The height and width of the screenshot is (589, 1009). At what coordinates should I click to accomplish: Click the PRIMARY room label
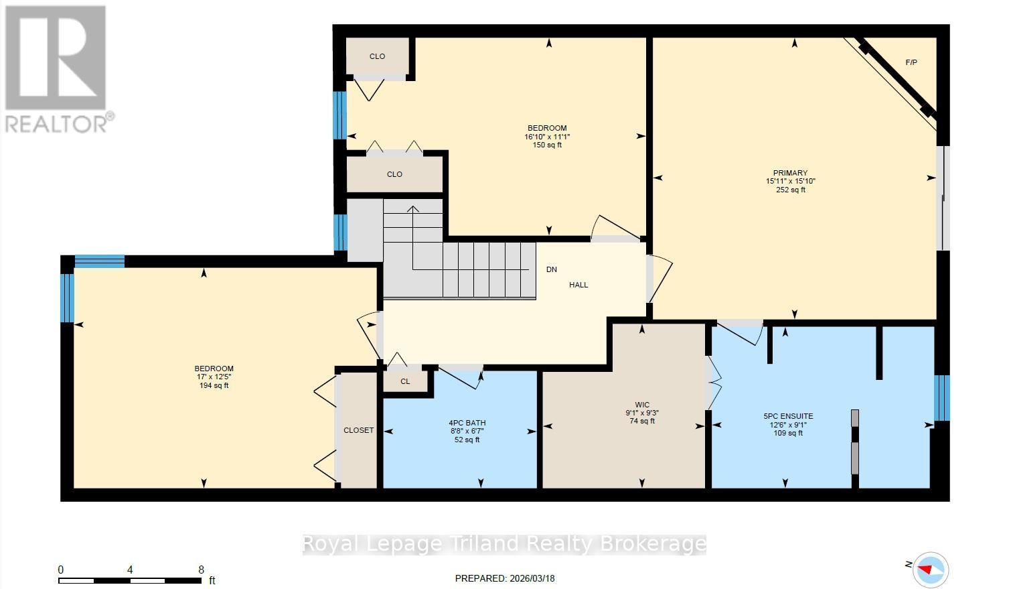[x=791, y=173]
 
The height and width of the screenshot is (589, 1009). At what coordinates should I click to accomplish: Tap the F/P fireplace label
[x=911, y=62]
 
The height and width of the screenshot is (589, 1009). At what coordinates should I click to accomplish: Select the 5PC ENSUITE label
[x=788, y=416]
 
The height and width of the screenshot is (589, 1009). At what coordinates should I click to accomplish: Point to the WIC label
[x=642, y=405]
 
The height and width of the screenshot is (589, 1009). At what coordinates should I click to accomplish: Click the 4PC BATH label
[x=467, y=423]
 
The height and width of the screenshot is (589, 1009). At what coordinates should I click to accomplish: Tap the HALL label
[x=578, y=285]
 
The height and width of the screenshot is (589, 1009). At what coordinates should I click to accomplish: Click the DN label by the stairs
[x=551, y=269]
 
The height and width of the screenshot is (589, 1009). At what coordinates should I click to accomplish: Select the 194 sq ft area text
[x=214, y=386]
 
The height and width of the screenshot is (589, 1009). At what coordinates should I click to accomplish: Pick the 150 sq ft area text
[x=547, y=145]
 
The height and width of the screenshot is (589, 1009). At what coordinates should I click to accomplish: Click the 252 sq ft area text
[x=791, y=190]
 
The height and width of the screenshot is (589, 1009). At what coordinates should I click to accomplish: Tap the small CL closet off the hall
[x=405, y=381]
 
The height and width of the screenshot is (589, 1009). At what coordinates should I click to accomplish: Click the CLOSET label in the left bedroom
[x=358, y=430]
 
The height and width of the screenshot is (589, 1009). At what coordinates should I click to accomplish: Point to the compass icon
[x=930, y=569]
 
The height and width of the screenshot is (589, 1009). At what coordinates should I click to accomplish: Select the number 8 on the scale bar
[x=201, y=570]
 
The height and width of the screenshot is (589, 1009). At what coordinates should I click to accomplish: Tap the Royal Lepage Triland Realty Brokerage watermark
[x=504, y=543]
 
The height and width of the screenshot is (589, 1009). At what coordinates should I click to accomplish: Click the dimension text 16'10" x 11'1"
[x=547, y=137]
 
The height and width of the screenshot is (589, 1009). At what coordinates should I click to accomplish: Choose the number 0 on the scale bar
[x=61, y=570]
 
